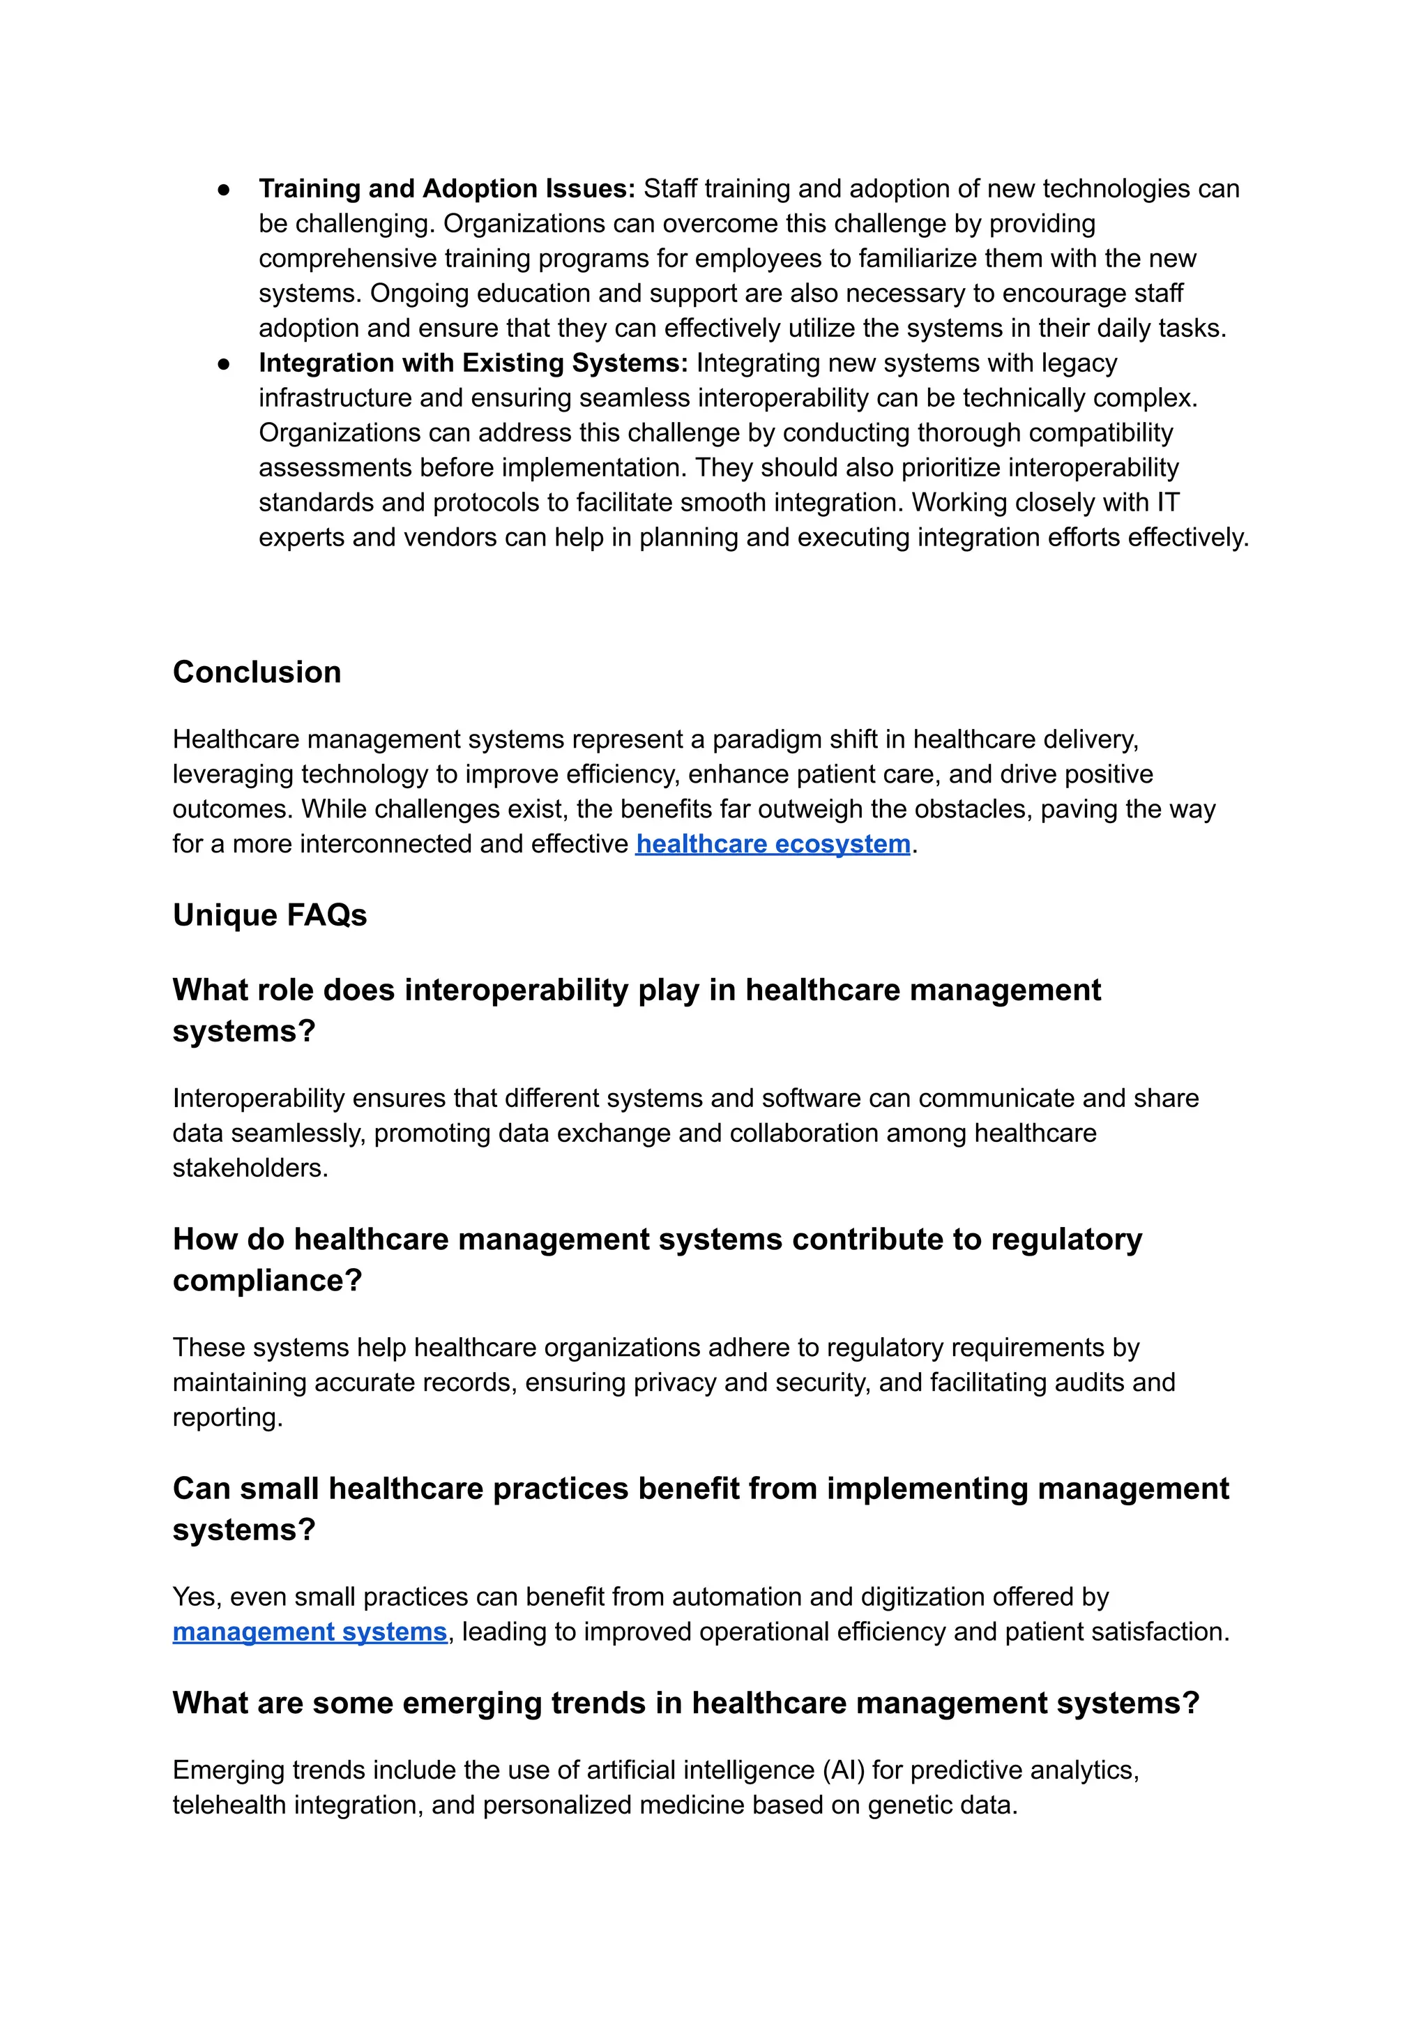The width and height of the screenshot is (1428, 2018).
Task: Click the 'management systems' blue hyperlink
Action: [x=310, y=1632]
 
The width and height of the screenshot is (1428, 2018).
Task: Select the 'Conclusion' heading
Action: [x=257, y=672]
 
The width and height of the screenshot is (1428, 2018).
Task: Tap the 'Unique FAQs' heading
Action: [x=269, y=915]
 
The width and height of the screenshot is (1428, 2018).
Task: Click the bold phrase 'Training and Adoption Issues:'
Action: [x=447, y=188]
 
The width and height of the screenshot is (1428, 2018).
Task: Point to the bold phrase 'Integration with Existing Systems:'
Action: [x=473, y=363]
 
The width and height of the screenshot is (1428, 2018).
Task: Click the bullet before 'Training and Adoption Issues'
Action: [x=225, y=189]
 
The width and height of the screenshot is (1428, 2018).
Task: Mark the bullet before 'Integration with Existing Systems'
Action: [x=225, y=363]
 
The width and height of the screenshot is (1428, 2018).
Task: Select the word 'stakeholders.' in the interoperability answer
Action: [x=250, y=1168]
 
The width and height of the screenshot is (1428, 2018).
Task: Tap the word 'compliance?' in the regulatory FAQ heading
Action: [x=267, y=1280]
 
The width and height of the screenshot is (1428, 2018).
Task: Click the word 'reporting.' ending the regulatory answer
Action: [x=228, y=1417]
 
